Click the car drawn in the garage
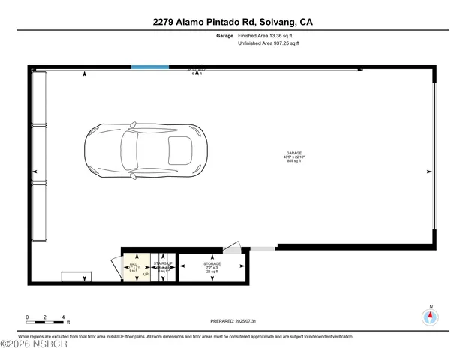point(143,151)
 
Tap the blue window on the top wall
point(149,67)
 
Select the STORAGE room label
point(212,264)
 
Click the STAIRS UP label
point(163,263)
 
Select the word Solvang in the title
point(272,22)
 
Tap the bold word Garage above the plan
point(224,35)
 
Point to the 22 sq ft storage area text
point(212,272)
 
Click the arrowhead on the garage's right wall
point(428,172)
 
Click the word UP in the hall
point(146,275)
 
